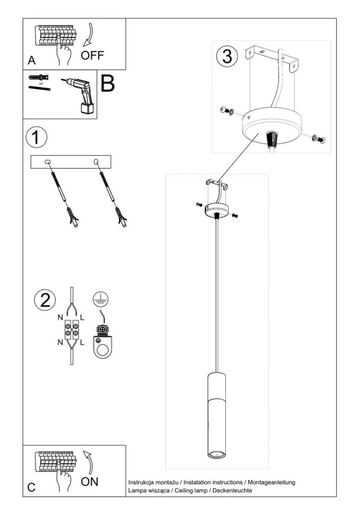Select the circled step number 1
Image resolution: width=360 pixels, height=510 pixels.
pyautogui.click(x=37, y=137)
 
